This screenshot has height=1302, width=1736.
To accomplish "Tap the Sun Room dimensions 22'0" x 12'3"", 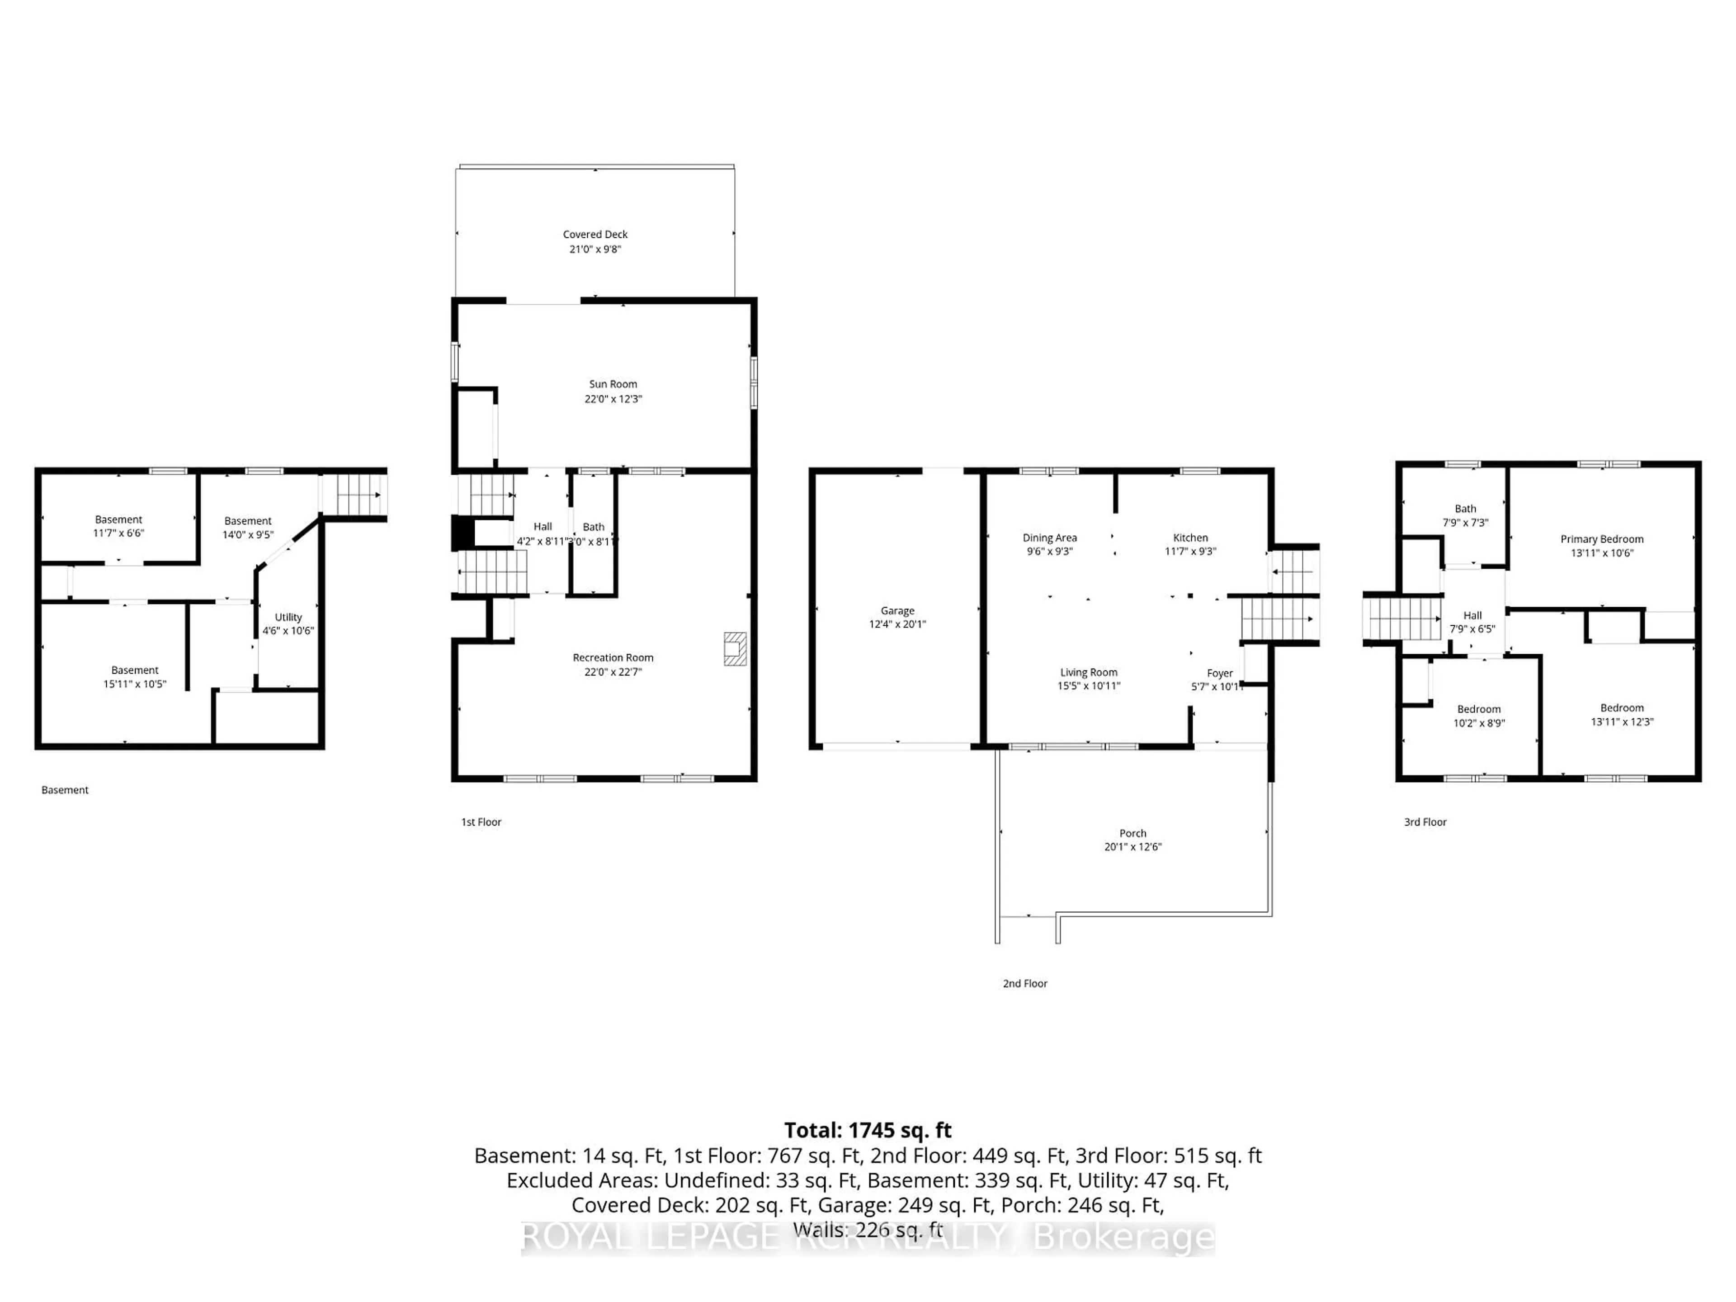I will (613, 399).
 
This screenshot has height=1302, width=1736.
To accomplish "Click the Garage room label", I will (897, 611).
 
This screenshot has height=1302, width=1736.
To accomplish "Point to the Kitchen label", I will (1190, 538).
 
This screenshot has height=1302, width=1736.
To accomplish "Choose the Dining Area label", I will (1049, 538).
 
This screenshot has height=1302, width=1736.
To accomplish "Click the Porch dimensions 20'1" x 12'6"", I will (1132, 847).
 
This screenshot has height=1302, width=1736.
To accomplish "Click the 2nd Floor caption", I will (1024, 983).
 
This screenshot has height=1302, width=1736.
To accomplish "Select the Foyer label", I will (1220, 673).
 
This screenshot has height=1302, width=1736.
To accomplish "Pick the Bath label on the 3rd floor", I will (1464, 509).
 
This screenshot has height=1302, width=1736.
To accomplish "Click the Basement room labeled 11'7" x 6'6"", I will (118, 526).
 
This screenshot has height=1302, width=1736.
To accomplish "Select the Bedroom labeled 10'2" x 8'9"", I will (1479, 716).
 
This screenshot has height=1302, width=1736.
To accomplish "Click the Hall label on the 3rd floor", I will (1472, 615).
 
